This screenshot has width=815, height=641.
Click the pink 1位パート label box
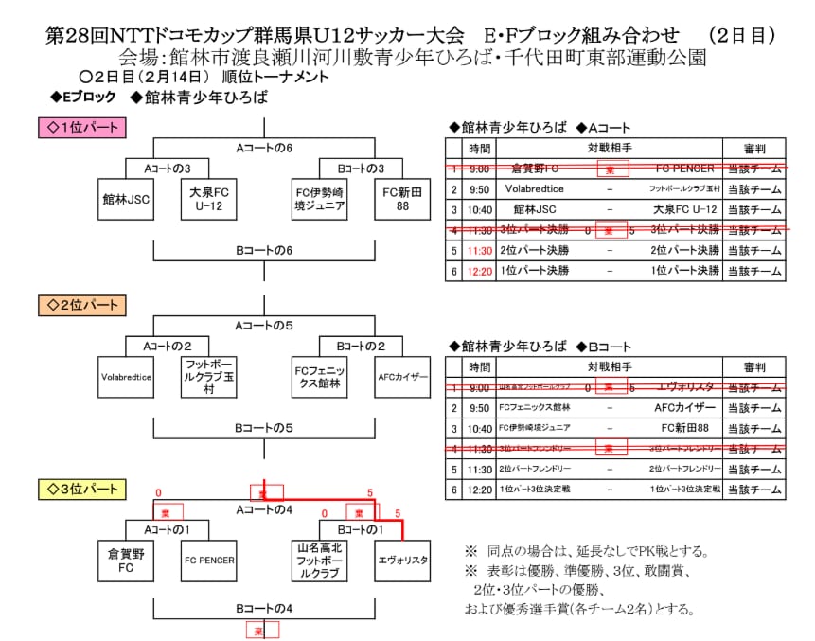pos(80,126)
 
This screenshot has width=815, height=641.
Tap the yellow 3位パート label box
pos(80,489)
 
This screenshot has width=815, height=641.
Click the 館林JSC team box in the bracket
pos(127,200)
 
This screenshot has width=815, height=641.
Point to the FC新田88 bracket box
pos(401,200)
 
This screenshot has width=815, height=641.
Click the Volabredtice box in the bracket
pos(127,377)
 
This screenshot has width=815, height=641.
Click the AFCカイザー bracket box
pos(401,377)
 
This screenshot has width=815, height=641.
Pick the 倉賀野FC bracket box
pos(127,560)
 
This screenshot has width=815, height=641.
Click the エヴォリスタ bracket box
pos(401,560)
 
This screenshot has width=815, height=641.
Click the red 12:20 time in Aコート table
pos(479,270)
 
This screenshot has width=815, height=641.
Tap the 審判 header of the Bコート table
pos(754,366)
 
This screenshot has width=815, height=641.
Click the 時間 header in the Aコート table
pos(479,149)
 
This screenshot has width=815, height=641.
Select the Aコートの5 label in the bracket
pos(262,325)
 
